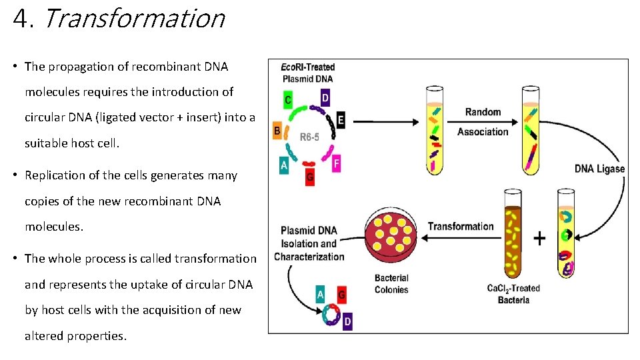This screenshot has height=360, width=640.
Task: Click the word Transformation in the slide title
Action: [134, 18]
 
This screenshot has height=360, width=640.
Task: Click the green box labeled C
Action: [287, 100]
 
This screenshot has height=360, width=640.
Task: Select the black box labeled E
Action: [341, 120]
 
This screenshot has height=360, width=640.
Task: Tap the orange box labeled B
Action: [277, 131]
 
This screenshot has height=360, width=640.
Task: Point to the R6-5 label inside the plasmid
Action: [310, 137]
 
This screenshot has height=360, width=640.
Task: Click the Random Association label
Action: [483, 122]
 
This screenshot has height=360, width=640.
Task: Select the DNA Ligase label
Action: [599, 169]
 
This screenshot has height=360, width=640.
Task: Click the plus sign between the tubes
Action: [539, 238]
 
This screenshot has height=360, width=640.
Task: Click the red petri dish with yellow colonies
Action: [391, 237]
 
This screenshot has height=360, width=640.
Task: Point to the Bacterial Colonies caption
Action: [391, 283]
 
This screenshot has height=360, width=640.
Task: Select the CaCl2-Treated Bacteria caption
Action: [513, 294]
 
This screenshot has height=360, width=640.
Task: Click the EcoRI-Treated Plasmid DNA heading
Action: [307, 73]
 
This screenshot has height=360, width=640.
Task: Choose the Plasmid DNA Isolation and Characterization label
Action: [309, 243]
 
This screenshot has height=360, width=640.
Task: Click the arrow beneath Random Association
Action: [483, 122]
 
